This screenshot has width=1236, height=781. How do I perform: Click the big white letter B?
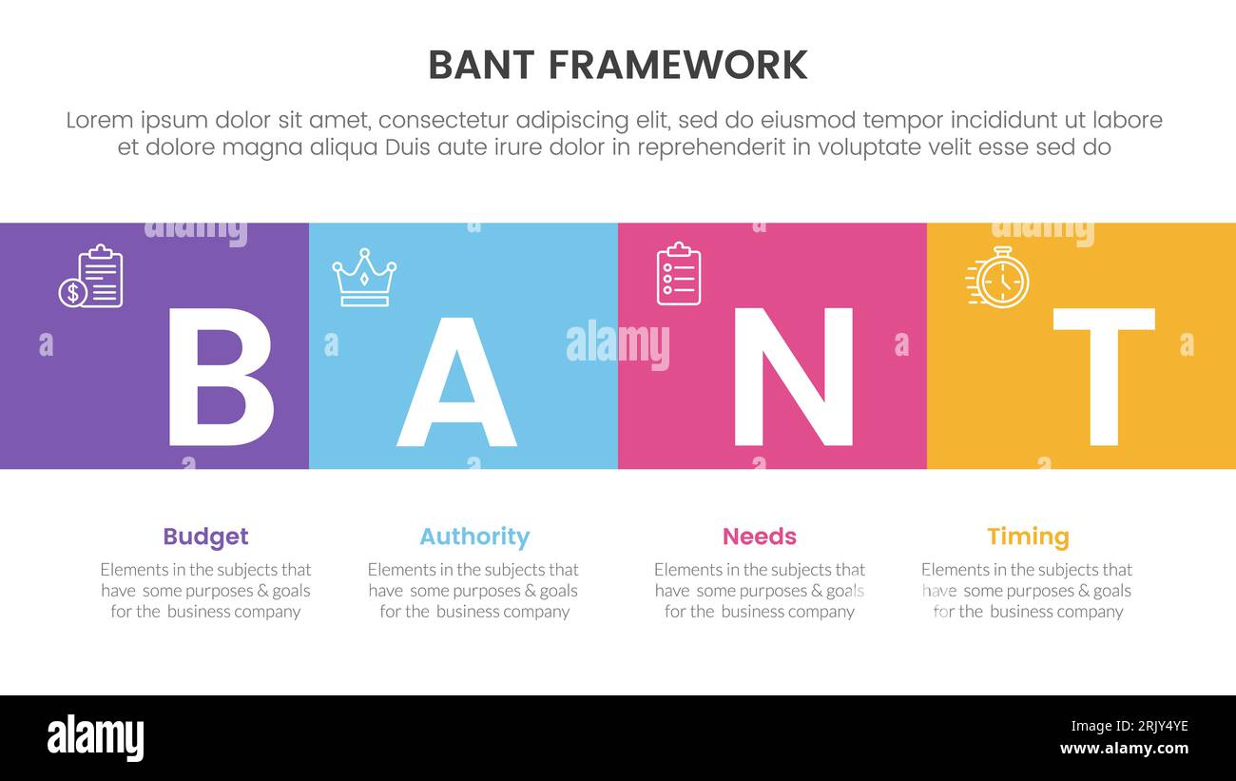point(219,377)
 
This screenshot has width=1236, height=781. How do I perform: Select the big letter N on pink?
point(793,377)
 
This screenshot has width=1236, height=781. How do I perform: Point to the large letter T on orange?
point(1103,377)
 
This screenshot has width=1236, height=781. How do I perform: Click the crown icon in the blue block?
point(364,278)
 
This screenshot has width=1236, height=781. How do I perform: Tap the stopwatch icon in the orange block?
point(998,278)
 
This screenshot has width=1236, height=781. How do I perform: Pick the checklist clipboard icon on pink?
point(679,274)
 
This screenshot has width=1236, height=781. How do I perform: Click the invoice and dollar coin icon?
point(91,277)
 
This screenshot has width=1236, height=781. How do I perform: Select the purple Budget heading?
point(205,537)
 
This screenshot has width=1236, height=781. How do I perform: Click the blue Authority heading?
point(474,537)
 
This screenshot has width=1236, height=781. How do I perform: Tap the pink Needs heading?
point(760,537)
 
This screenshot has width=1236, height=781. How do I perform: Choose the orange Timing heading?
point(1028,537)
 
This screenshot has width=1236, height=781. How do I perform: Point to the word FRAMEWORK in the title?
point(678,65)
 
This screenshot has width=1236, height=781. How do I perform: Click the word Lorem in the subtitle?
point(100,121)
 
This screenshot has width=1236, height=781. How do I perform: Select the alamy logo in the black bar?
point(95,738)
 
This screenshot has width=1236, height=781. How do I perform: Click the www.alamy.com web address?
point(1124,749)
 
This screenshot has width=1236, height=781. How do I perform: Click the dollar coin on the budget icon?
point(72,293)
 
